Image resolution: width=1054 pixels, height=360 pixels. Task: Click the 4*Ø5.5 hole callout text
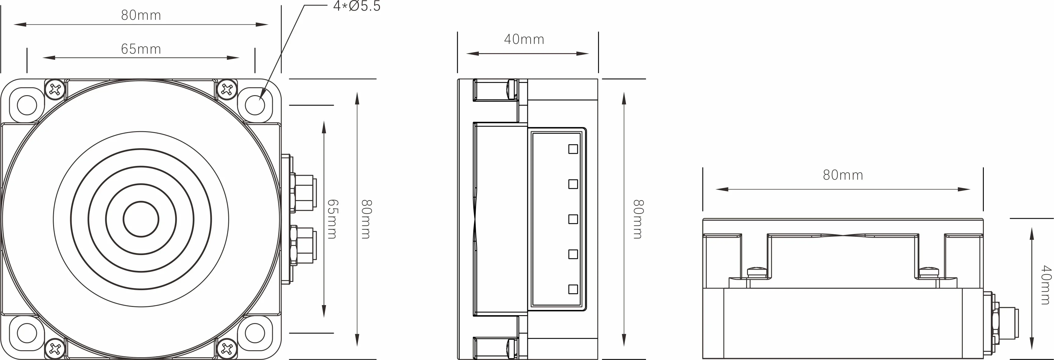click(x=357, y=6)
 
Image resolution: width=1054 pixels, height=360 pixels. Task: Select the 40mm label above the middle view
click(x=524, y=39)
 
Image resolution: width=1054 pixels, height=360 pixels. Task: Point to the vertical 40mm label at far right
click(x=1045, y=285)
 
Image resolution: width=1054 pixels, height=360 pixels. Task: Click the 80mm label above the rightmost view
click(x=843, y=175)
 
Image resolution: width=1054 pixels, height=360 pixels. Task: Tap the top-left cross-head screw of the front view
click(x=55, y=89)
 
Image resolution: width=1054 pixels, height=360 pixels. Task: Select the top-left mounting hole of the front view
click(x=27, y=105)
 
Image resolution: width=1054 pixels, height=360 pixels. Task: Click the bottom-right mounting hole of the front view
click(x=255, y=333)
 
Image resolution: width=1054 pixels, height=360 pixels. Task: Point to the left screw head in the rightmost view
click(x=757, y=272)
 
